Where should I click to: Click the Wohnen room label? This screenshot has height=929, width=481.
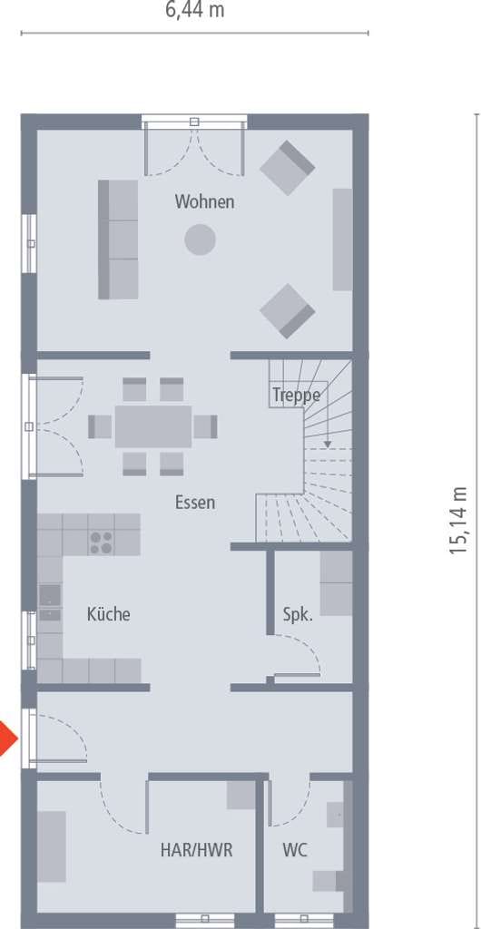pyautogui.click(x=204, y=201)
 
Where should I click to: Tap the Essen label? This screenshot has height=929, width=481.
pyautogui.click(x=195, y=503)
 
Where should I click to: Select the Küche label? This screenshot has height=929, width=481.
pyautogui.click(x=108, y=614)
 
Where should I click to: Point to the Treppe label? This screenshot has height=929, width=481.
pyautogui.click(x=296, y=396)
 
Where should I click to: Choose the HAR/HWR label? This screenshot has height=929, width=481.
pyautogui.click(x=196, y=850)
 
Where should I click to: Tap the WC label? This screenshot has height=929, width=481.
pyautogui.click(x=294, y=850)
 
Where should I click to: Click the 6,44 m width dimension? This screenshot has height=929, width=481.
pyautogui.click(x=195, y=10)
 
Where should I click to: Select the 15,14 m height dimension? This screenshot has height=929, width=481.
pyautogui.click(x=458, y=521)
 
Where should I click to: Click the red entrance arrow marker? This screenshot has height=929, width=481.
pyautogui.click(x=7, y=738)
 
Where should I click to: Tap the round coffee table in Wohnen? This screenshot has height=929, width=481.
pyautogui.click(x=200, y=240)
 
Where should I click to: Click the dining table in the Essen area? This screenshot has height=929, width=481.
pyautogui.click(x=153, y=426)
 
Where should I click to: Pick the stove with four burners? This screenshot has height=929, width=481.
pyautogui.click(x=102, y=543)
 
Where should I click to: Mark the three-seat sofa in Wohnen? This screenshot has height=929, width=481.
pyautogui.click(x=118, y=240)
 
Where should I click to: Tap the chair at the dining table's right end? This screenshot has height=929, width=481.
pyautogui.click(x=205, y=426)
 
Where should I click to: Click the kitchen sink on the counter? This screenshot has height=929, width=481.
pyautogui.click(x=50, y=602)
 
